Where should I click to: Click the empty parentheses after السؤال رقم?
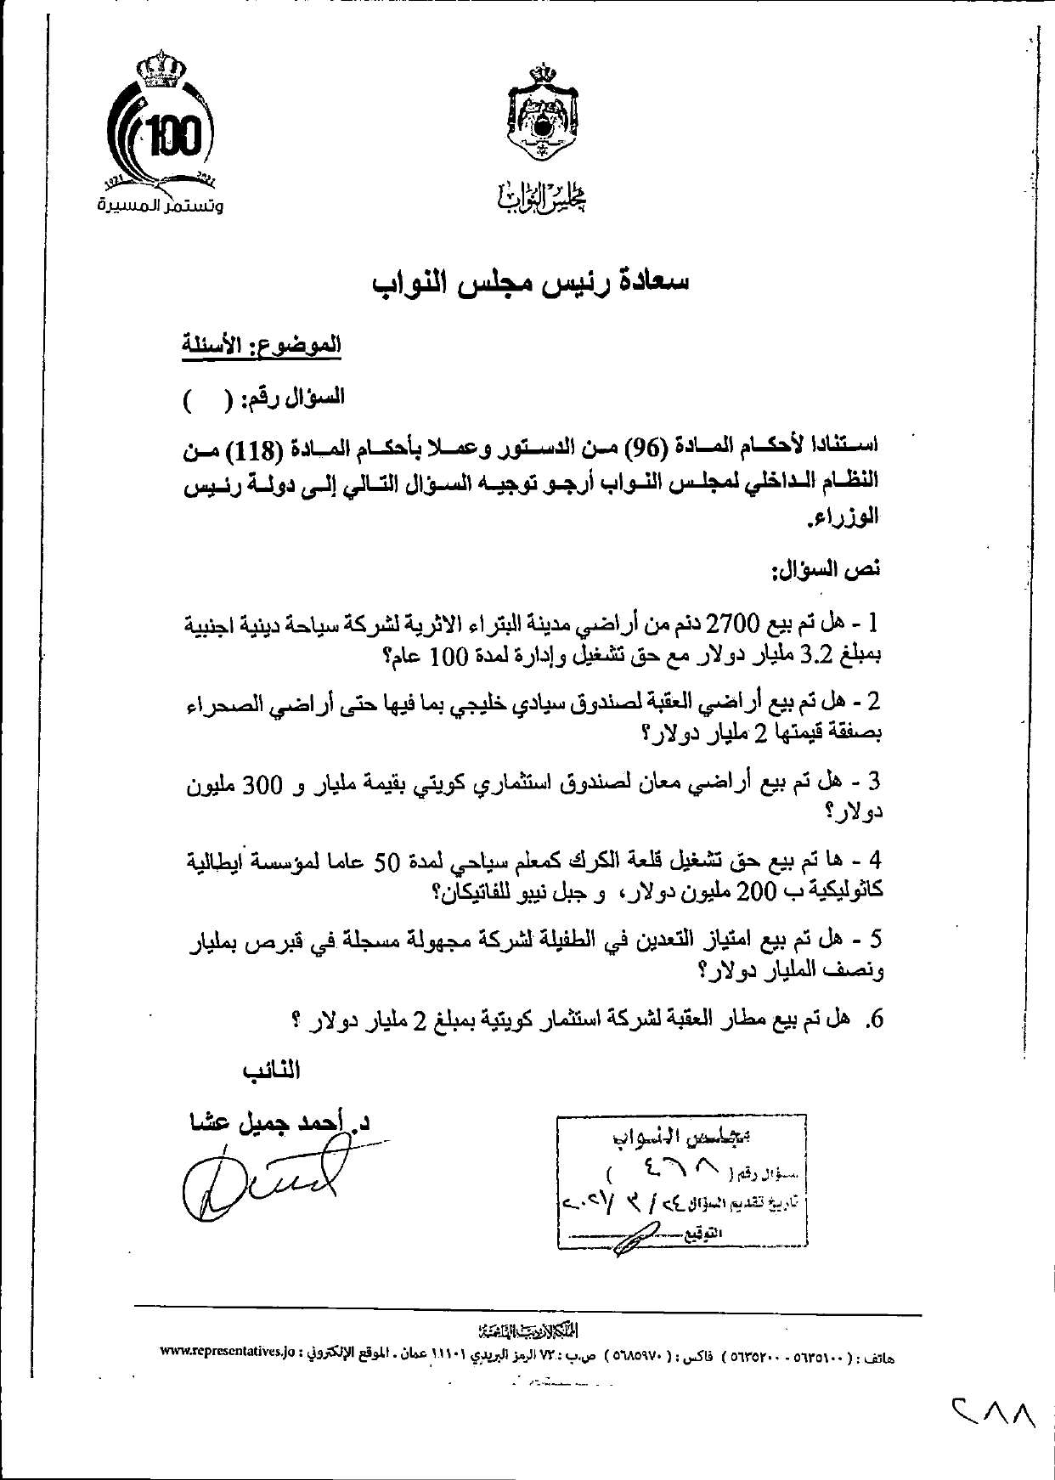(x=207, y=398)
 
